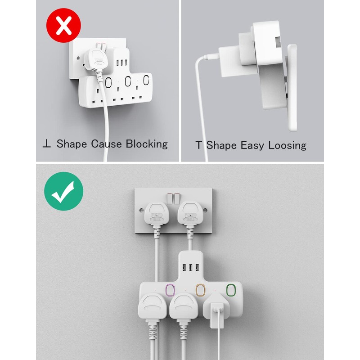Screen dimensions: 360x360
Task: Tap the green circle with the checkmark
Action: pyautogui.click(x=63, y=191)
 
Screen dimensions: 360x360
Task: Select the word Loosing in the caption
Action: pyautogui.click(x=287, y=145)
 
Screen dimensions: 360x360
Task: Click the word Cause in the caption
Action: pyautogui.click(x=107, y=144)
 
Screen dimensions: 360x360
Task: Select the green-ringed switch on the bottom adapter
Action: pyautogui.click(x=231, y=289)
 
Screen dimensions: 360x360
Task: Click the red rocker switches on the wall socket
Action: pyautogui.click(x=173, y=197)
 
